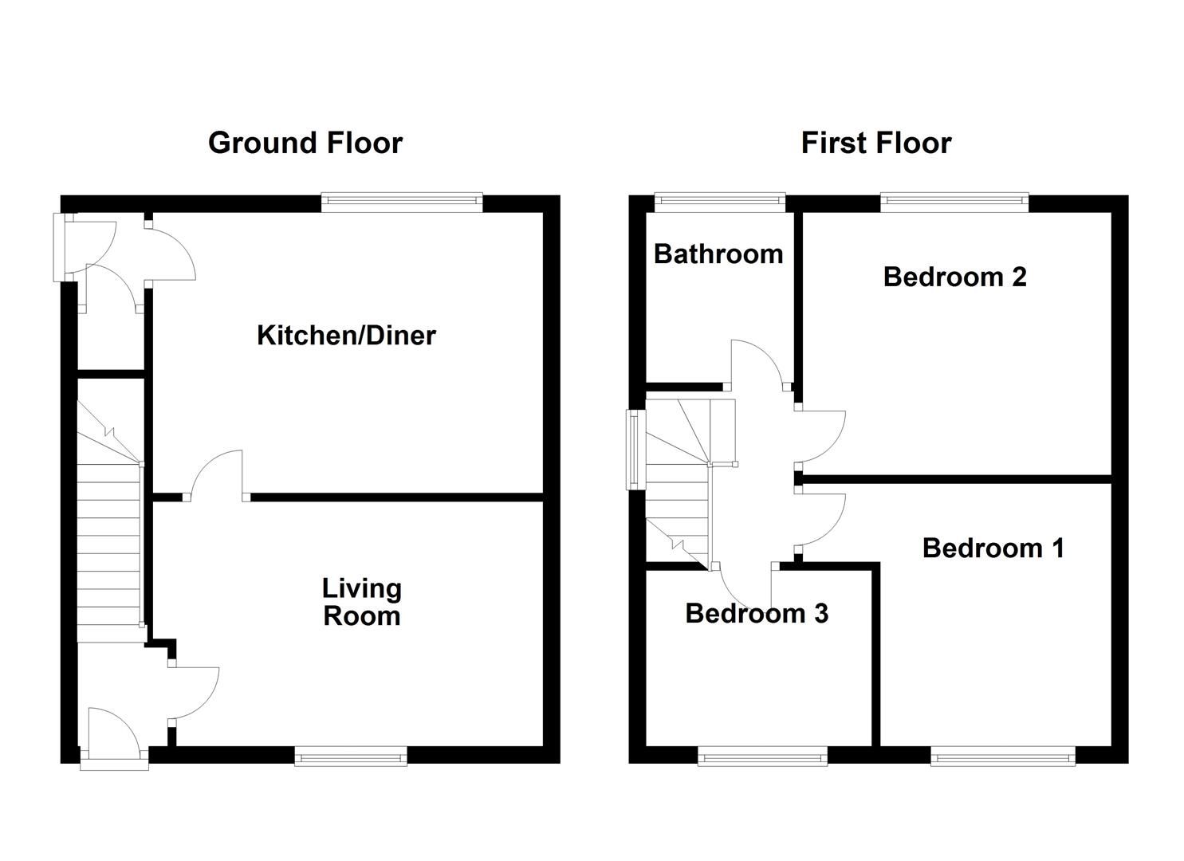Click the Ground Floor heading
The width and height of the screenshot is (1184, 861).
click(305, 143)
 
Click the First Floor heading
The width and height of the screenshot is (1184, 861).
click(875, 143)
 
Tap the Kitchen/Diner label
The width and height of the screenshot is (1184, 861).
click(346, 336)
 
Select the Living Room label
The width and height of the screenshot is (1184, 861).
click(362, 603)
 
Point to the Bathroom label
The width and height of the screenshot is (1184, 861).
click(718, 254)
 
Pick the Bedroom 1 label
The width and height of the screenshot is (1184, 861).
click(993, 548)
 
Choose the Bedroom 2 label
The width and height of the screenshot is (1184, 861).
click(954, 277)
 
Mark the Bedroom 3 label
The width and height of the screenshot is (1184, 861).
click(757, 614)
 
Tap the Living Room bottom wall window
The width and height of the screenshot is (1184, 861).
click(351, 756)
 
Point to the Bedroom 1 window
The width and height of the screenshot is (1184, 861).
click(1002, 756)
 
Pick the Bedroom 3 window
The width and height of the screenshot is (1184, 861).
click(762, 756)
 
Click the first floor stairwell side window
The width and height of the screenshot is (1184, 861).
click(634, 449)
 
